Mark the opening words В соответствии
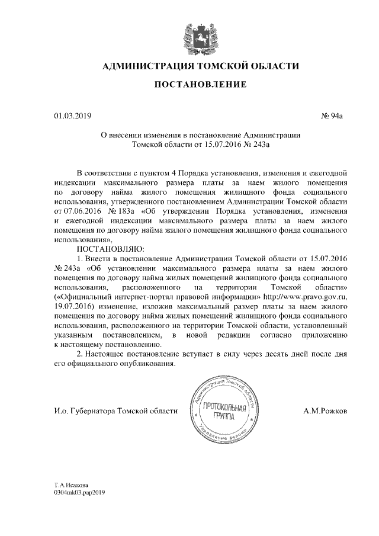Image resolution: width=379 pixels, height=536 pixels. [106, 173]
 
